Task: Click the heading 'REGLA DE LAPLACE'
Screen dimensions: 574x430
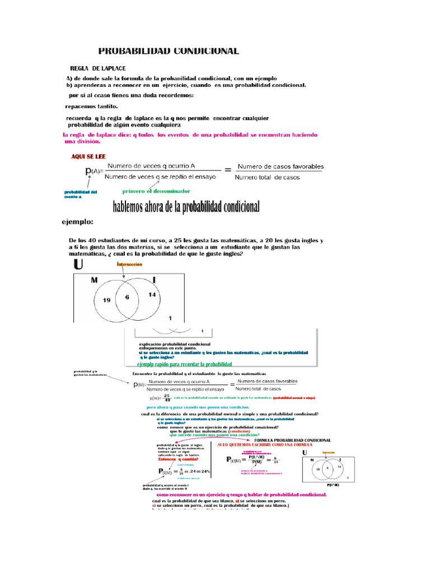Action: point(97,67)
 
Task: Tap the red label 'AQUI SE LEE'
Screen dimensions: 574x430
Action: point(88,156)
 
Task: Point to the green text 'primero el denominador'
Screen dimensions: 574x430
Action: point(152,191)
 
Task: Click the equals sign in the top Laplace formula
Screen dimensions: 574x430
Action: point(227,169)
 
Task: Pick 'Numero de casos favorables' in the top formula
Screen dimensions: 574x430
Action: point(281,166)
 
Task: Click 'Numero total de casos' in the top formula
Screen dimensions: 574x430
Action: point(267,178)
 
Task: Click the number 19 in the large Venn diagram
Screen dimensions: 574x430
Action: point(106,300)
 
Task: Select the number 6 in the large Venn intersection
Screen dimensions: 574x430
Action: point(127,297)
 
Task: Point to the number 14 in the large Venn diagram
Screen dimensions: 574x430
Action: point(152,295)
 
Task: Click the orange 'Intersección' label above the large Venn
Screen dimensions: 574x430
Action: point(129,264)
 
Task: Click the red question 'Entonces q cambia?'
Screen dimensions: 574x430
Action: point(174,459)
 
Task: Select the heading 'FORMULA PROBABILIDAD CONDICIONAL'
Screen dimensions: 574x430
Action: point(286,440)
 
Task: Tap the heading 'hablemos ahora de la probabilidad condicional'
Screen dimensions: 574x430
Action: point(186,207)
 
